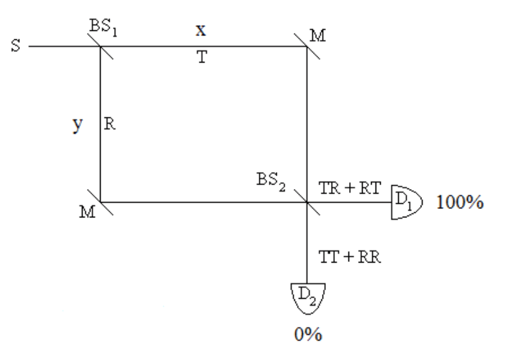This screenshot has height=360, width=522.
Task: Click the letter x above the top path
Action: click(x=201, y=30)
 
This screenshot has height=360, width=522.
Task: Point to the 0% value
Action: click(x=306, y=336)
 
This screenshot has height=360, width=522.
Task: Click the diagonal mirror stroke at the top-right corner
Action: click(x=306, y=46)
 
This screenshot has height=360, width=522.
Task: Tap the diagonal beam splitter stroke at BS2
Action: click(x=306, y=201)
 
